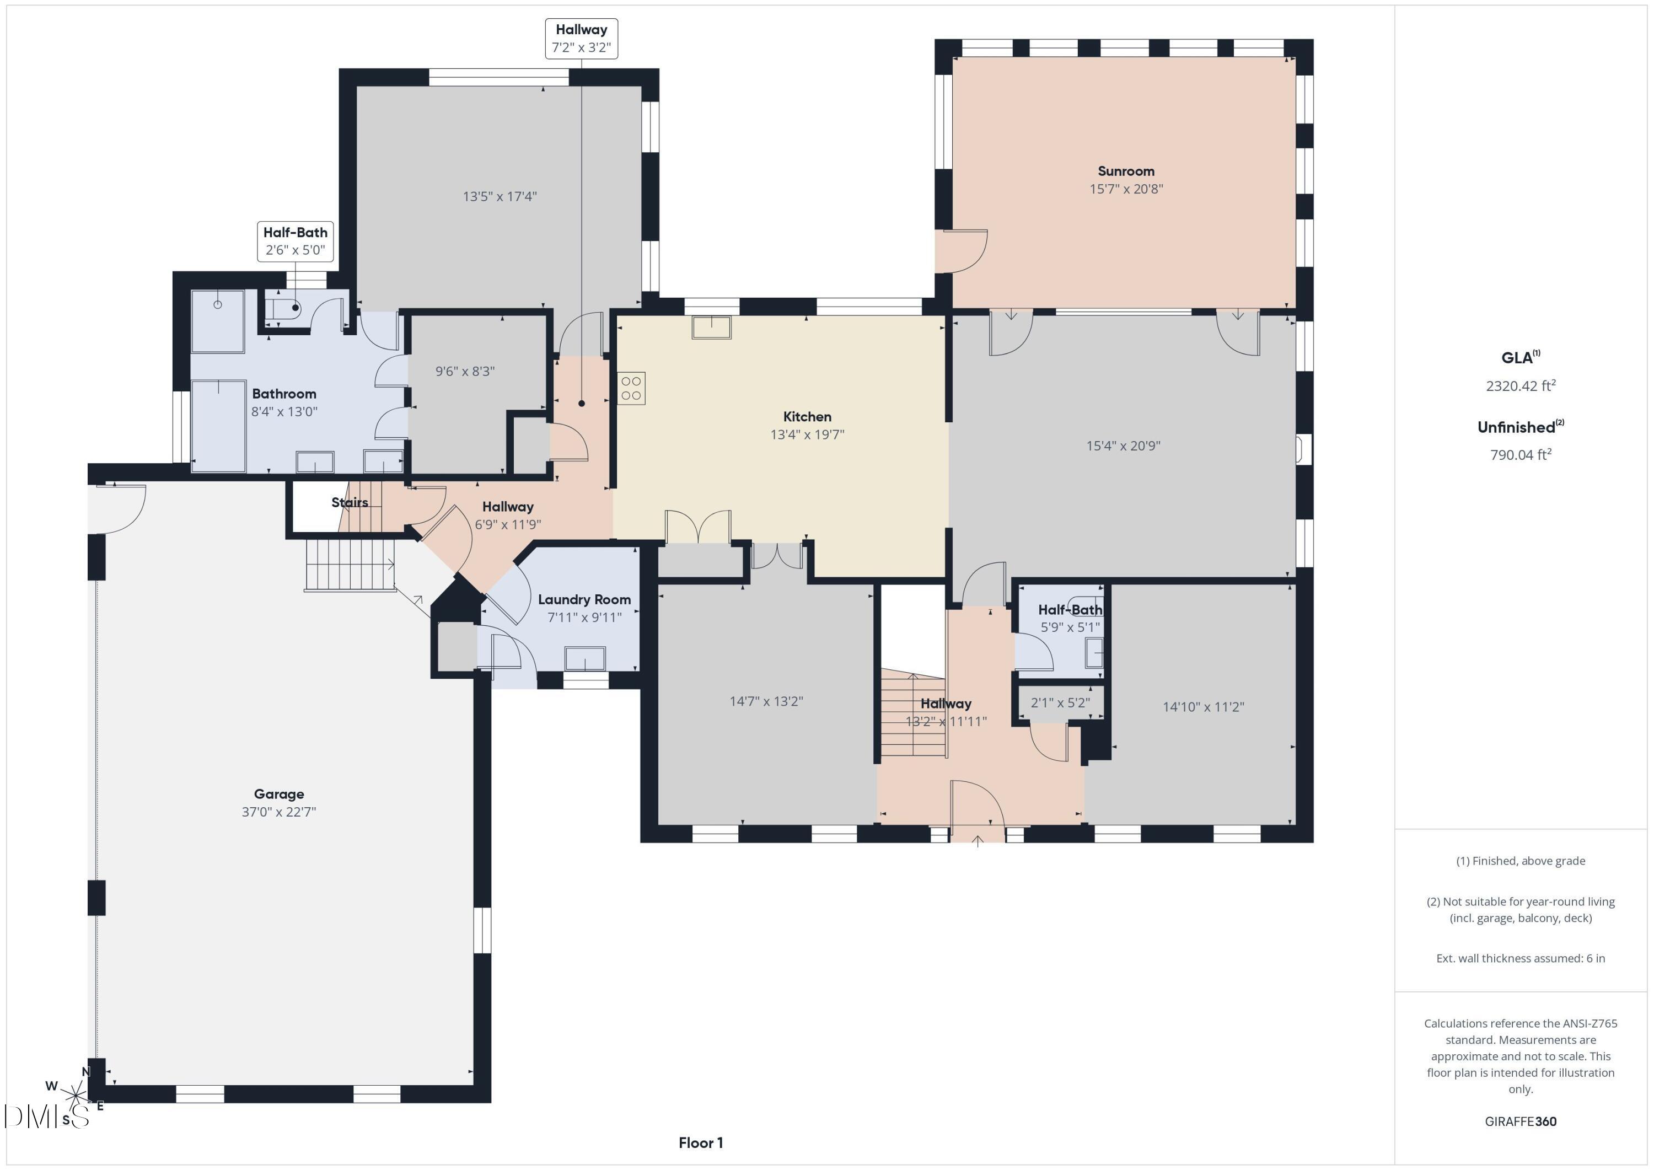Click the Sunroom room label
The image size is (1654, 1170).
(1125, 171)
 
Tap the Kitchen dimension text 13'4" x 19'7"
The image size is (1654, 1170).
(807, 434)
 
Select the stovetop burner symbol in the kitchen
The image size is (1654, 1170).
(631, 388)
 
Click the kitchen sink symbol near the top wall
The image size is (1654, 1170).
(711, 327)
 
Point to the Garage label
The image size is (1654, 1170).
(279, 794)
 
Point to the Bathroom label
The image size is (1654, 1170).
(284, 393)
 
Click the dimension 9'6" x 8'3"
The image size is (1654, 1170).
(465, 371)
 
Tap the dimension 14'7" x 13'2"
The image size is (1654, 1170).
(766, 701)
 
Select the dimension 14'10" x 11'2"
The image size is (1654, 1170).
(1203, 707)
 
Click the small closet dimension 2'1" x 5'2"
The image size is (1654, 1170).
(1060, 702)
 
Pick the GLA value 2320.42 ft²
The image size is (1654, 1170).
(1520, 385)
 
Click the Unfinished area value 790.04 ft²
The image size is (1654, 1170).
(1520, 454)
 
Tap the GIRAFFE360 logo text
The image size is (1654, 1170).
(1520, 1121)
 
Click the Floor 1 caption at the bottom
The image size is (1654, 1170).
(700, 1142)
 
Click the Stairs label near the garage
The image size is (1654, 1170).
(350, 502)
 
